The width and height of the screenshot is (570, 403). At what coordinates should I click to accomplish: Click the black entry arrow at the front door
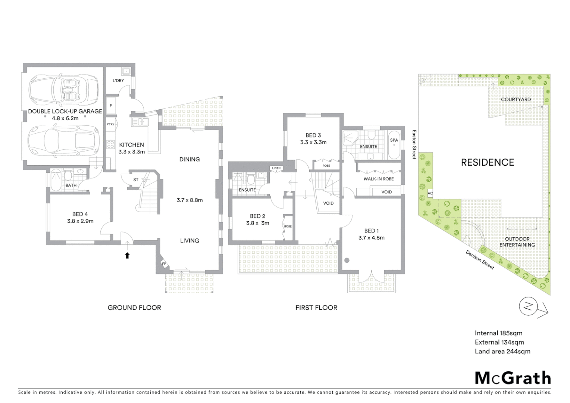click(127, 255)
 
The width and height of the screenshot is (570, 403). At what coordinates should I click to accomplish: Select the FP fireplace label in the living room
click(163, 264)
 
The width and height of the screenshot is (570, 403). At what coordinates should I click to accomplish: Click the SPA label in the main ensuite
click(394, 140)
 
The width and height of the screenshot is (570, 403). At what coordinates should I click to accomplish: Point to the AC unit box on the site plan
click(430, 194)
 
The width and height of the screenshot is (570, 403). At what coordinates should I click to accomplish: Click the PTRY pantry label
click(110, 124)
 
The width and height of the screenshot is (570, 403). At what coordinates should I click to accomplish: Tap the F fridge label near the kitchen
click(110, 106)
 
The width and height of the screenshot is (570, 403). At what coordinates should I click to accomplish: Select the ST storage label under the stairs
click(136, 179)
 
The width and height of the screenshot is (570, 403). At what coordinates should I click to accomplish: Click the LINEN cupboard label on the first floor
click(276, 168)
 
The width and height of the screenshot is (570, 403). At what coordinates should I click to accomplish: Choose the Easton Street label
click(414, 144)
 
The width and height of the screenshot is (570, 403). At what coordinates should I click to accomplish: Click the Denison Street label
click(480, 260)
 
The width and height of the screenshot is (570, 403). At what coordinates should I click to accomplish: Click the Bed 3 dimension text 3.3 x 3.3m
click(313, 142)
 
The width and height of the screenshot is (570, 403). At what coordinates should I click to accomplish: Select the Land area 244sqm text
click(502, 351)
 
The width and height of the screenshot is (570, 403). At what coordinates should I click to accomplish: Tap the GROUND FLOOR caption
click(134, 307)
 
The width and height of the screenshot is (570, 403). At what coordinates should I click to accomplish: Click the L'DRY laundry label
click(118, 81)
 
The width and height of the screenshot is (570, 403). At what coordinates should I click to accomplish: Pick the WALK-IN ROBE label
click(379, 179)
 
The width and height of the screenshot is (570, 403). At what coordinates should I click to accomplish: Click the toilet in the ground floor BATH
click(68, 175)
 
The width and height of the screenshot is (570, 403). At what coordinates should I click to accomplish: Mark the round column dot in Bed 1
click(347, 260)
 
